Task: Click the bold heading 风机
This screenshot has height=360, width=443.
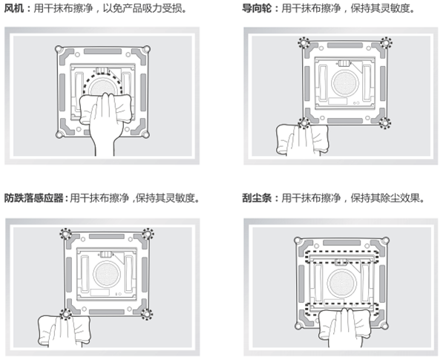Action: coord(14,8)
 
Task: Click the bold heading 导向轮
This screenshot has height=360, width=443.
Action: coord(257,8)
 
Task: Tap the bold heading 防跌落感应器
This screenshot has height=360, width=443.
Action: coord(33,198)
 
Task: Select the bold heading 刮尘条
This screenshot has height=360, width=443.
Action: coord(257,198)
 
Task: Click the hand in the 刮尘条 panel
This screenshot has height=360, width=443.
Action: coord(345,328)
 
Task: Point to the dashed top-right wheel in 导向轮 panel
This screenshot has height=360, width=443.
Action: coord(385,43)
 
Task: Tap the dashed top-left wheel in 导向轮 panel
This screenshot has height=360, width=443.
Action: coord(303,43)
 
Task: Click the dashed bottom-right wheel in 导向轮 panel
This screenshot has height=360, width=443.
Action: coord(385,123)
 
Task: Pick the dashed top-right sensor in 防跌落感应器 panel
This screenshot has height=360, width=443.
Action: coord(148,234)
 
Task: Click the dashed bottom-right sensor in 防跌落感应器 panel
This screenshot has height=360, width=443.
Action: coord(147,314)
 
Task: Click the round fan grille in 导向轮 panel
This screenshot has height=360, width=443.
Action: coord(345,83)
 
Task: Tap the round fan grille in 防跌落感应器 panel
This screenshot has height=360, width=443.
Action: coord(107,274)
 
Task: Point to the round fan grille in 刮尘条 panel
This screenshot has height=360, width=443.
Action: coord(341,284)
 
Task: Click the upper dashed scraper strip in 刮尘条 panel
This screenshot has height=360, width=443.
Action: coord(341,257)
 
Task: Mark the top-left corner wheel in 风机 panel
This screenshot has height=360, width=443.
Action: coord(59,49)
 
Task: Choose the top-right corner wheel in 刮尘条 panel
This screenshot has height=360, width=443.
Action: coord(384,241)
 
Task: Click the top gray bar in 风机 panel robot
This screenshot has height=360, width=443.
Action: coord(103,51)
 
